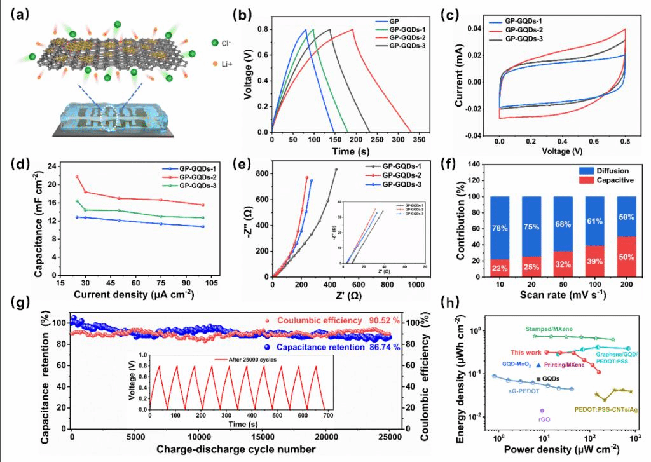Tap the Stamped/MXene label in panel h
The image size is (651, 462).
point(550,329)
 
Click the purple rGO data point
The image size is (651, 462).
point(542,411)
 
